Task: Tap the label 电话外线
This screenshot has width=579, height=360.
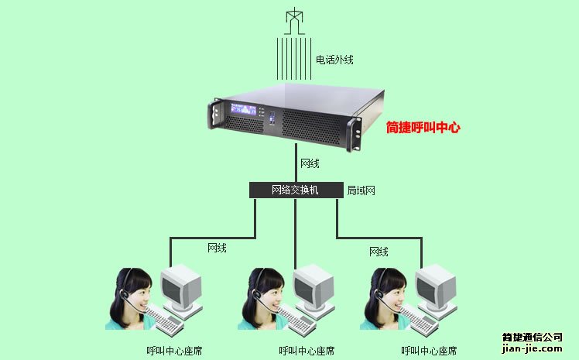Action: pyautogui.click(x=334, y=59)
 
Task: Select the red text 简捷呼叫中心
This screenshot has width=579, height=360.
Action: pyautogui.click(x=423, y=127)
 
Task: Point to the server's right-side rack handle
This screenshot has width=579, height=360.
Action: pyautogui.click(x=355, y=132)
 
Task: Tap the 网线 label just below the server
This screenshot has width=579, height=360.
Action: pyautogui.click(x=310, y=164)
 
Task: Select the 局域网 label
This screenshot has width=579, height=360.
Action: pyautogui.click(x=361, y=190)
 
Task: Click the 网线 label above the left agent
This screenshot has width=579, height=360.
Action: pyautogui.click(x=217, y=248)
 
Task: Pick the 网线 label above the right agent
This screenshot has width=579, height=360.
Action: pyautogui.click(x=379, y=252)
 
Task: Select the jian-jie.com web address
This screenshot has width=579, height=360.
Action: pyautogui.click(x=532, y=349)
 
